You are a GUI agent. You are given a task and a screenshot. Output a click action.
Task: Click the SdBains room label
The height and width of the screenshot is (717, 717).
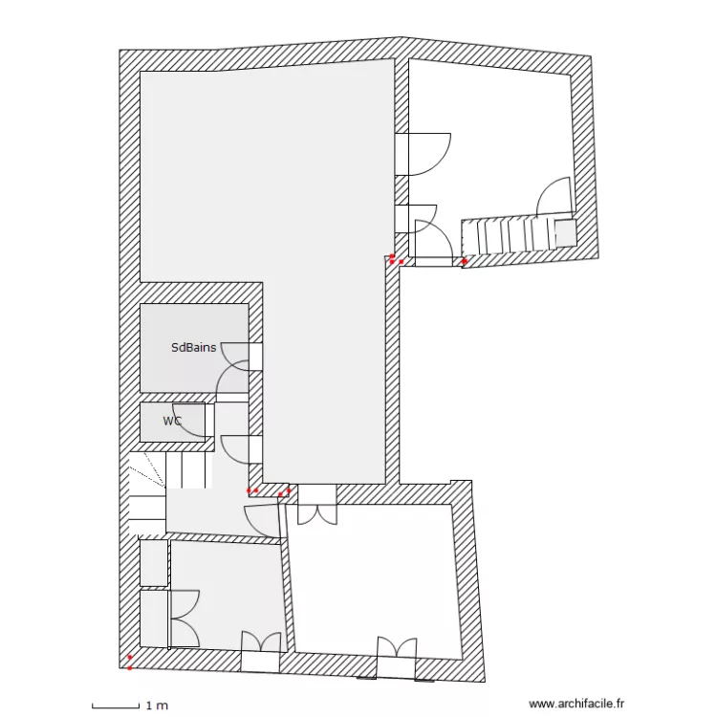point(193,348)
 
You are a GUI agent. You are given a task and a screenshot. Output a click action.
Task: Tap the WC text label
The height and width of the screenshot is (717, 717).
point(172,421)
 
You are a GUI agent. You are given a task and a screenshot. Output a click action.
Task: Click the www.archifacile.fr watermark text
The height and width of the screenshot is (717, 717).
point(576,704)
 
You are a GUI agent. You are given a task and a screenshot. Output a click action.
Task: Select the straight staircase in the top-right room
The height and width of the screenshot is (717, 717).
point(512,236)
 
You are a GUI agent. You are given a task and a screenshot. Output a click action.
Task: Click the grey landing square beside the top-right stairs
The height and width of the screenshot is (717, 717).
point(564,233)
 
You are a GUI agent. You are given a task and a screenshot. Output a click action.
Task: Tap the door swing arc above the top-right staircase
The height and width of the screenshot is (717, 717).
point(554,198)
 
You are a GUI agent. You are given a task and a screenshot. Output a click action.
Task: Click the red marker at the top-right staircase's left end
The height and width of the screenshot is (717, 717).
point(466,261)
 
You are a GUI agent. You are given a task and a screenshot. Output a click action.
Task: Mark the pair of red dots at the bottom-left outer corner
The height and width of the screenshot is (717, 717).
point(130,662)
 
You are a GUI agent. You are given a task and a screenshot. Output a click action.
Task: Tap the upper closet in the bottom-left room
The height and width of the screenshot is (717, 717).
point(153,563)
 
